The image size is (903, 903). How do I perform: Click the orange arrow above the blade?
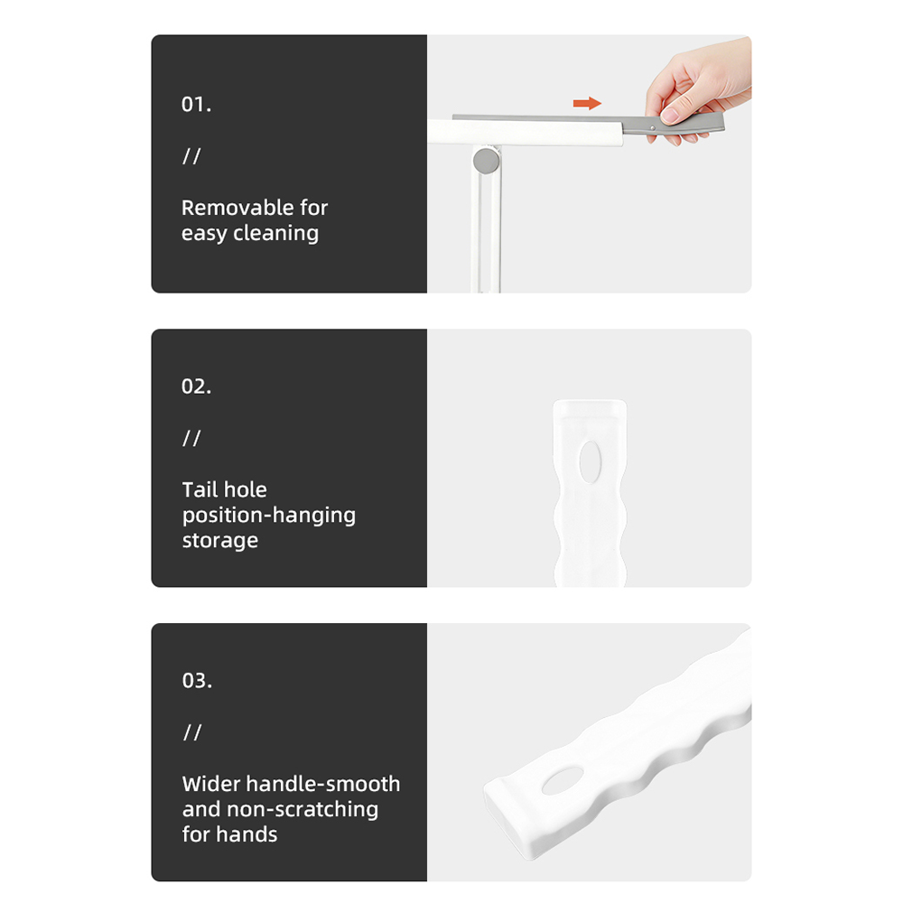point(587,103)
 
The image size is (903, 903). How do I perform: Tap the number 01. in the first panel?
point(196,104)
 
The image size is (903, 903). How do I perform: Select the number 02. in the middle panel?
point(196,386)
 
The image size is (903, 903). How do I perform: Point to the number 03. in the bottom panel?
point(197,681)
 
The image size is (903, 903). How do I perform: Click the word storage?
point(220,541)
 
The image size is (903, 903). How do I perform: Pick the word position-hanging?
point(269,516)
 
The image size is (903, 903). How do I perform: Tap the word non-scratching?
point(303,809)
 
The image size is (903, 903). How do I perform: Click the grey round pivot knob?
point(486,161)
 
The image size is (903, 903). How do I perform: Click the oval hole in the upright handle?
point(590,461)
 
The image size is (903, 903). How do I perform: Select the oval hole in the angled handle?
point(563,781)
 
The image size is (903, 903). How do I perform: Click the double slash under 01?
point(191,156)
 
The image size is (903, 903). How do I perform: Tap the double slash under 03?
point(192,732)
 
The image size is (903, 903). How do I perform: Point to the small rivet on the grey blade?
point(653,128)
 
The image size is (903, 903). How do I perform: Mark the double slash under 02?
point(191,438)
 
